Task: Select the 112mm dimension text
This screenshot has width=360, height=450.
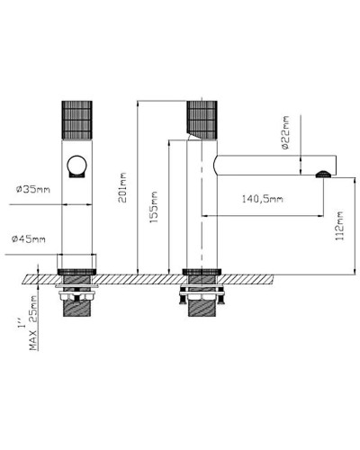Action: coord(339,226)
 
